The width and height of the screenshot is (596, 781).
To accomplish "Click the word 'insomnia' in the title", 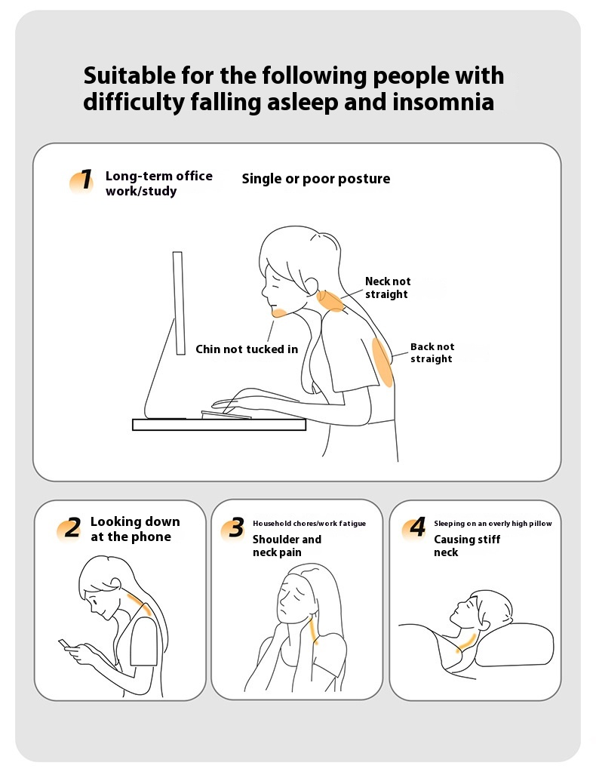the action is [x=443, y=102].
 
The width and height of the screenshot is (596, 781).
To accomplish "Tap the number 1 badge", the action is [x=82, y=180].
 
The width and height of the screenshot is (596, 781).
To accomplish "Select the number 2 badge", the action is [x=69, y=528].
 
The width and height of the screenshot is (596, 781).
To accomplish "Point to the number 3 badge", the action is [x=233, y=528].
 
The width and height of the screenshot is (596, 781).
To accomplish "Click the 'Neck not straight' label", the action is [x=388, y=288].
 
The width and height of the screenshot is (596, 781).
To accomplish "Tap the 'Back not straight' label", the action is [x=432, y=352].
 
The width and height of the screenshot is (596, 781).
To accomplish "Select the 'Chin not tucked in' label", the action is [x=247, y=349].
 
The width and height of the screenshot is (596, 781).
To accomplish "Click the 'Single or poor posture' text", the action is [x=315, y=179].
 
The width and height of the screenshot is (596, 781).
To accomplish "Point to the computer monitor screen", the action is [x=178, y=303].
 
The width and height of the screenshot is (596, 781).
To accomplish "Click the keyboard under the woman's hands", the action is [x=226, y=415].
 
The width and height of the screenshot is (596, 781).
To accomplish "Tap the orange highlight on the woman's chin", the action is [x=279, y=313].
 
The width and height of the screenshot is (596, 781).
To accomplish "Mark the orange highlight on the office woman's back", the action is [x=383, y=362].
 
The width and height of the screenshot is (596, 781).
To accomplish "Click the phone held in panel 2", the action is [x=65, y=644].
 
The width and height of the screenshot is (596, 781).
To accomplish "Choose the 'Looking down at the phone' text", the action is [x=135, y=529].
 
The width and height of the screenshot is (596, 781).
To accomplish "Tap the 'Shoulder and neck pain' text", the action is [x=287, y=546].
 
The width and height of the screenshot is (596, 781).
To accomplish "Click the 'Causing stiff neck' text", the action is [x=466, y=546].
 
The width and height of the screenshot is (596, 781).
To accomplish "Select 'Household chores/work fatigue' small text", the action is [x=309, y=524].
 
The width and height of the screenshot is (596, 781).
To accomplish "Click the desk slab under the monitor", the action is [x=219, y=424].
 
